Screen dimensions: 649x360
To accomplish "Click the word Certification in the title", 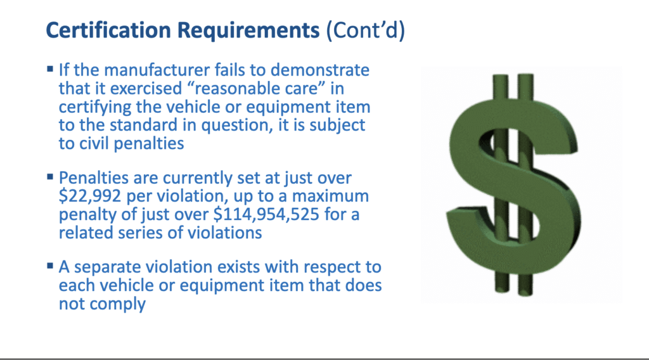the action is pos(108,30).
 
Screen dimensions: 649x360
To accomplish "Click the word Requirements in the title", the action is pos(248,31).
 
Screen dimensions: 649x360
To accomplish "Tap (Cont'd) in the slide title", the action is pos(366,30).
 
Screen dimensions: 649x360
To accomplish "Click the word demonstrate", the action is pos(320,70).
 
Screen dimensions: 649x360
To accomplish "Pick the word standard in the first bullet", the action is pos(143,125).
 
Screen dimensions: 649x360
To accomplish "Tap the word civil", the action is pos(94,143).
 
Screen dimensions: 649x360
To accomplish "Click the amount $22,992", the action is pos(90,196).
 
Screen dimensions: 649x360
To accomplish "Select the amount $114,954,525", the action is pos(266,214).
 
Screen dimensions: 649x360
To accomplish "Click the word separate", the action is pos(102,267).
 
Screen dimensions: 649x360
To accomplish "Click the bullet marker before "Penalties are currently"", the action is pos(50,177).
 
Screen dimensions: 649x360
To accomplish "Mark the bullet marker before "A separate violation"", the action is pos(50,266).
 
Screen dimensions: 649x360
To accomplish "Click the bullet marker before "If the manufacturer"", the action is pos(50,69).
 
